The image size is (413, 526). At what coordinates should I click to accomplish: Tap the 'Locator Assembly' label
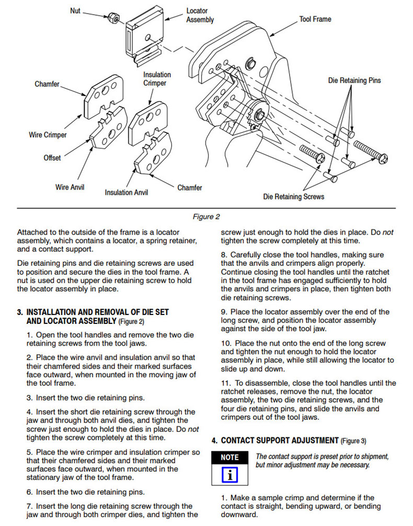pyautogui.click(x=200, y=15)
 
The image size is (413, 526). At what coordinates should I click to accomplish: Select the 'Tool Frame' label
pyautogui.click(x=315, y=19)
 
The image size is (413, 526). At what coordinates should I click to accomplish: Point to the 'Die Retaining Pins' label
pyautogui.click(x=354, y=80)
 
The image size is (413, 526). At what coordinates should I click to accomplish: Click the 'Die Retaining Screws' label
pyautogui.click(x=293, y=196)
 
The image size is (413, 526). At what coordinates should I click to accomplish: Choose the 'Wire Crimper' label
pyautogui.click(x=48, y=135)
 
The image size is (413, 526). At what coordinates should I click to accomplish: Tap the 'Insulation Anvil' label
pyautogui.click(x=126, y=192)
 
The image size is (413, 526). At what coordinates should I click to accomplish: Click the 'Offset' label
pyautogui.click(x=52, y=157)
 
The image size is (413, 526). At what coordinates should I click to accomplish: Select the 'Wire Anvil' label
pyautogui.click(x=70, y=187)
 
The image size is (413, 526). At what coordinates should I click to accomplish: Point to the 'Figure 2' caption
pyautogui.click(x=206, y=216)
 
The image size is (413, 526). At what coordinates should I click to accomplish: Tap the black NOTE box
pyautogui.click(x=230, y=457)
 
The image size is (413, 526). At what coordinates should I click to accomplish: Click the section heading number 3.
pyautogui.click(x=20, y=312)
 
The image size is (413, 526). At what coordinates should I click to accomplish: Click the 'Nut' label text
pyautogui.click(x=75, y=10)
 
